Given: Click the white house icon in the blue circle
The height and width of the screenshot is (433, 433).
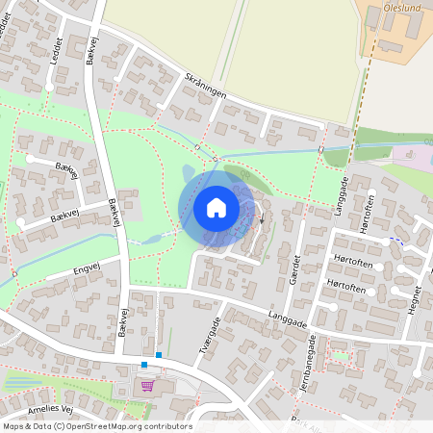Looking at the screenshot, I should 216,208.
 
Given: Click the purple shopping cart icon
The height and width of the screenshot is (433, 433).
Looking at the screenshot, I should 147,386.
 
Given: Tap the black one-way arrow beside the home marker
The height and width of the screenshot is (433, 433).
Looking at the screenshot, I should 263,218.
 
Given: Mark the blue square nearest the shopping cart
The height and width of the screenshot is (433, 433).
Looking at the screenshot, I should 144,365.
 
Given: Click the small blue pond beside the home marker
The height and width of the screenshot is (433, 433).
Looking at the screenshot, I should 188,173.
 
